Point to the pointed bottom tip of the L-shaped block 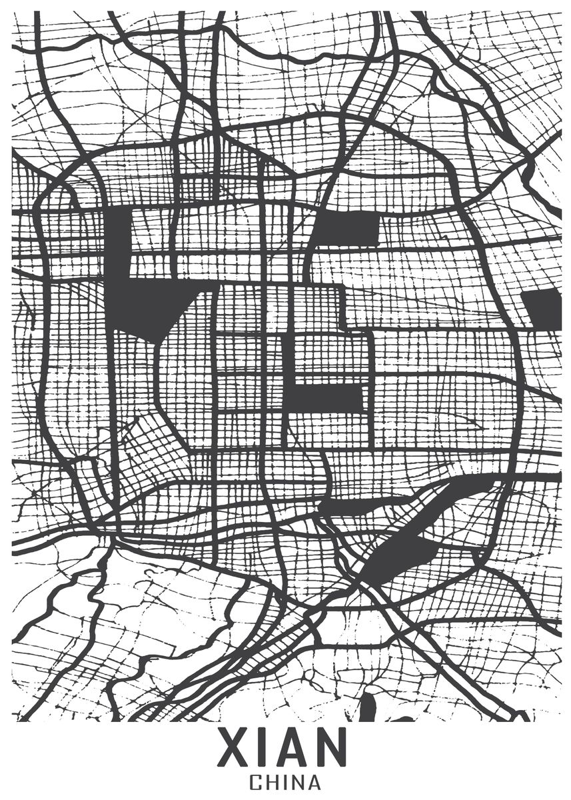[158, 340]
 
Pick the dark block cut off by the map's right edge [543, 307]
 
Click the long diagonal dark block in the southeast [426, 527]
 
